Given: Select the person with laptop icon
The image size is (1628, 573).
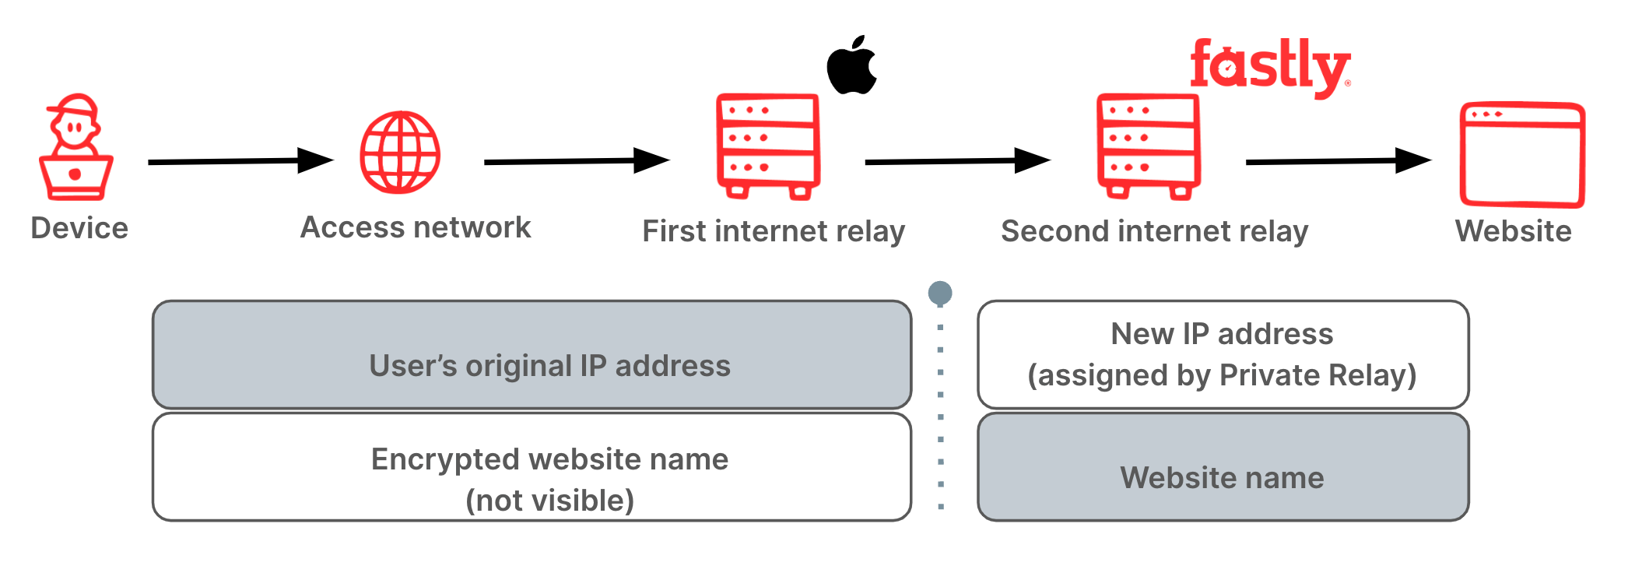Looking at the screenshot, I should coord(75,148).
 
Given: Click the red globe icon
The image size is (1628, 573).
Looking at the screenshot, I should coord(400,153).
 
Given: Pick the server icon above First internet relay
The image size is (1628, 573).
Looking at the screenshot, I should coord(768,146).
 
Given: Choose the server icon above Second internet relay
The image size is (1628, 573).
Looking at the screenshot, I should coord(1149,146).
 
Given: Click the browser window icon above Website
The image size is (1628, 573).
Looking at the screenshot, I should coord(1521,154).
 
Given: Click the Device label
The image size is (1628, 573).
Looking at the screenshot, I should coord(79,228).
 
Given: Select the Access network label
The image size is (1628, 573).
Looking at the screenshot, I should coord(416,227).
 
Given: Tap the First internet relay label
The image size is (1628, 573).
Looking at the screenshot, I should coord(774,231).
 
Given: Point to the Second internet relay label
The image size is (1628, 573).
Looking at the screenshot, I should coord(1154,231).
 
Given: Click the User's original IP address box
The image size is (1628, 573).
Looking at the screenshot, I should coord(532,355).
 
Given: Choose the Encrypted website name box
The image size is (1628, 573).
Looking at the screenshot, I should coord(532,467).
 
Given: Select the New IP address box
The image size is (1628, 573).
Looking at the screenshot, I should coord(1223,355).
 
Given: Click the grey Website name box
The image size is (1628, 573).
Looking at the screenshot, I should coord(1223,467).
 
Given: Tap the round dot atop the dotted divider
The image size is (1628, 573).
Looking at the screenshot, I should coord(940,293).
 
